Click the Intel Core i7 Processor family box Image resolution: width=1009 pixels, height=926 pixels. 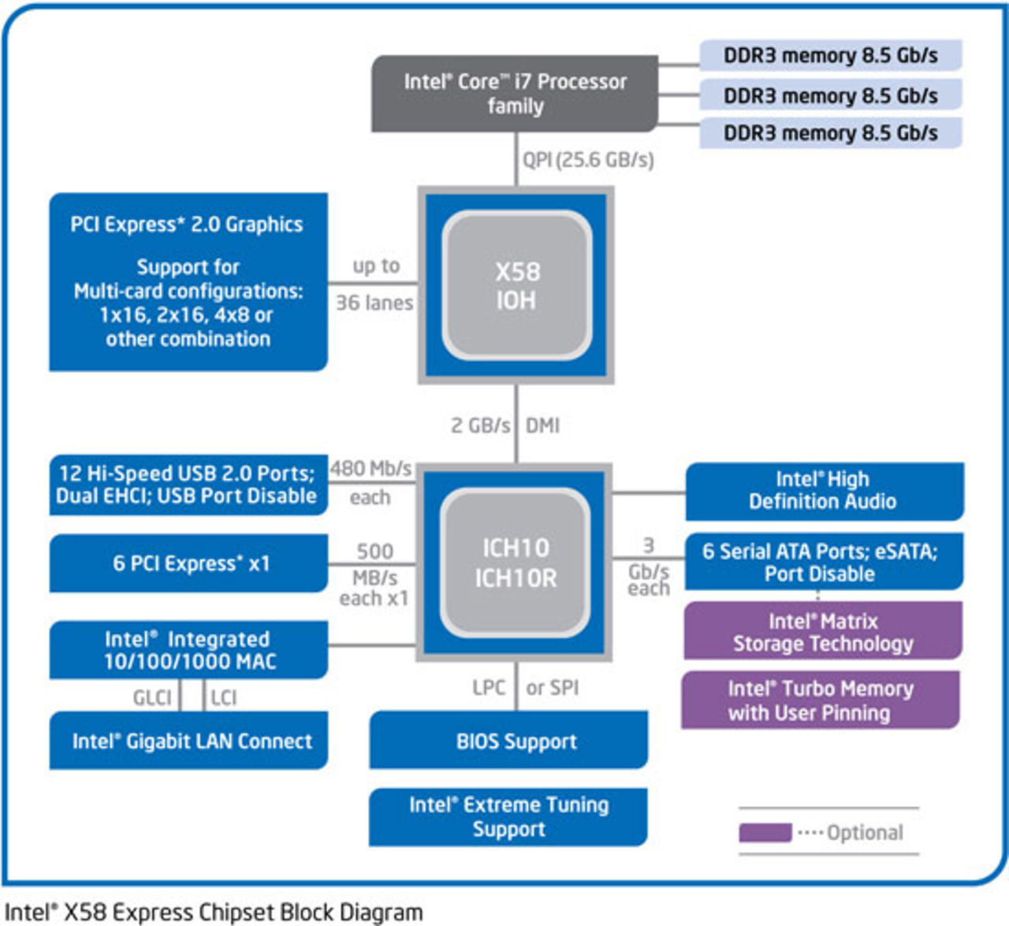515,93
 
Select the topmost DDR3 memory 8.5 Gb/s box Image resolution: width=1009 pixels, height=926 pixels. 830,55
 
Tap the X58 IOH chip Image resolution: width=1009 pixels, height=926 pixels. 516,285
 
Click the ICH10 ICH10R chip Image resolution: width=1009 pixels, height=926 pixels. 516,563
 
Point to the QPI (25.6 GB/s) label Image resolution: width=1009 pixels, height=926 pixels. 588,160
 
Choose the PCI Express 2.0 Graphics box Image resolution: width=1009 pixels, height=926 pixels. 188,281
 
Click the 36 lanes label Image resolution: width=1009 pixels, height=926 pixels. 374,303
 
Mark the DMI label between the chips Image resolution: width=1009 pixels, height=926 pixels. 542,426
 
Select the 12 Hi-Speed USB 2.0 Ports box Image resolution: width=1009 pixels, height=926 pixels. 188,485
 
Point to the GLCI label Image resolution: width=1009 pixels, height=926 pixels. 152,697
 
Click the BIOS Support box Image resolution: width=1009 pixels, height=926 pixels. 508,741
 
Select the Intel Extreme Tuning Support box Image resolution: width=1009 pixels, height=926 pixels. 508,817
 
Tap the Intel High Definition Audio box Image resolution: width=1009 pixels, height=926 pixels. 824,491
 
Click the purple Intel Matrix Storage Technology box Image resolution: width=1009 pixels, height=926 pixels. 822,632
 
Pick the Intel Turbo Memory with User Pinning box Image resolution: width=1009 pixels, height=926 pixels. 820,700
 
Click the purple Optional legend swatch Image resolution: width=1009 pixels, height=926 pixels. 765,832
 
